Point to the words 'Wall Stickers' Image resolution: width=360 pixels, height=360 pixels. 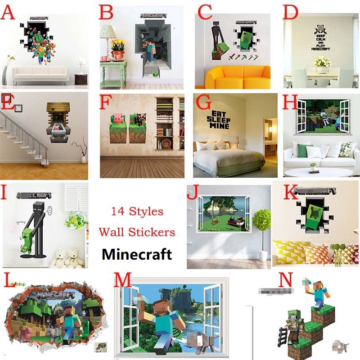click(x=137, y=232)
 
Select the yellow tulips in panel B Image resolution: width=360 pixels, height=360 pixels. click(x=118, y=45)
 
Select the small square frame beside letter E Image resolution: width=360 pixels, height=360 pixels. click(x=18, y=108)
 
